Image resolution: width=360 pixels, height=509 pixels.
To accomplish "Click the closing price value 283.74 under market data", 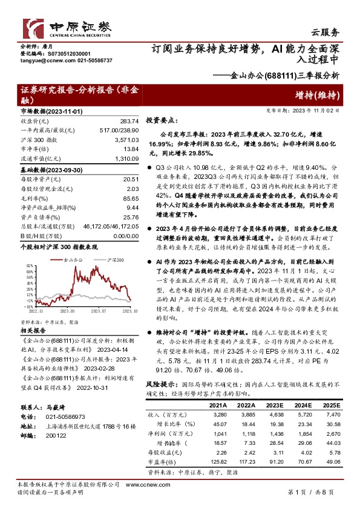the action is [x=129, y=121].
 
